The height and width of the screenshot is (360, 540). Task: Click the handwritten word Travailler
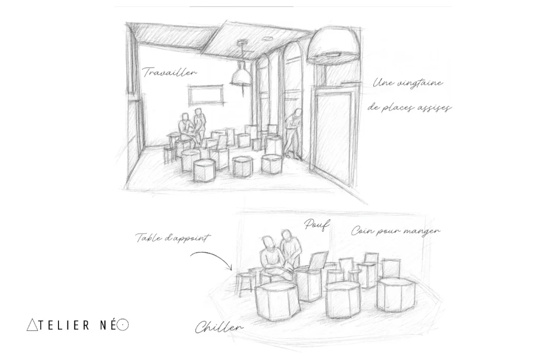[x=169, y=72]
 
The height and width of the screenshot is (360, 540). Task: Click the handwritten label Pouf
[x=316, y=225]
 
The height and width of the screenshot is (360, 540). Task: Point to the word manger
[x=421, y=231]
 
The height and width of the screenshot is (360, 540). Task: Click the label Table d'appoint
[x=172, y=238]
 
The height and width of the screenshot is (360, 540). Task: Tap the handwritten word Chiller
[x=219, y=327]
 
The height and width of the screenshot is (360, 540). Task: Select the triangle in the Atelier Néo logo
[x=32, y=325]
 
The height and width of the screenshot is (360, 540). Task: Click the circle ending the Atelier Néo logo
[x=122, y=325]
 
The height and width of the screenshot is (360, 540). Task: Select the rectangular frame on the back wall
[x=205, y=94]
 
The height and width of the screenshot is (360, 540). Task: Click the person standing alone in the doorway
[x=293, y=134]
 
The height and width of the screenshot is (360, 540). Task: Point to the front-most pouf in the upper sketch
[x=205, y=170]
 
